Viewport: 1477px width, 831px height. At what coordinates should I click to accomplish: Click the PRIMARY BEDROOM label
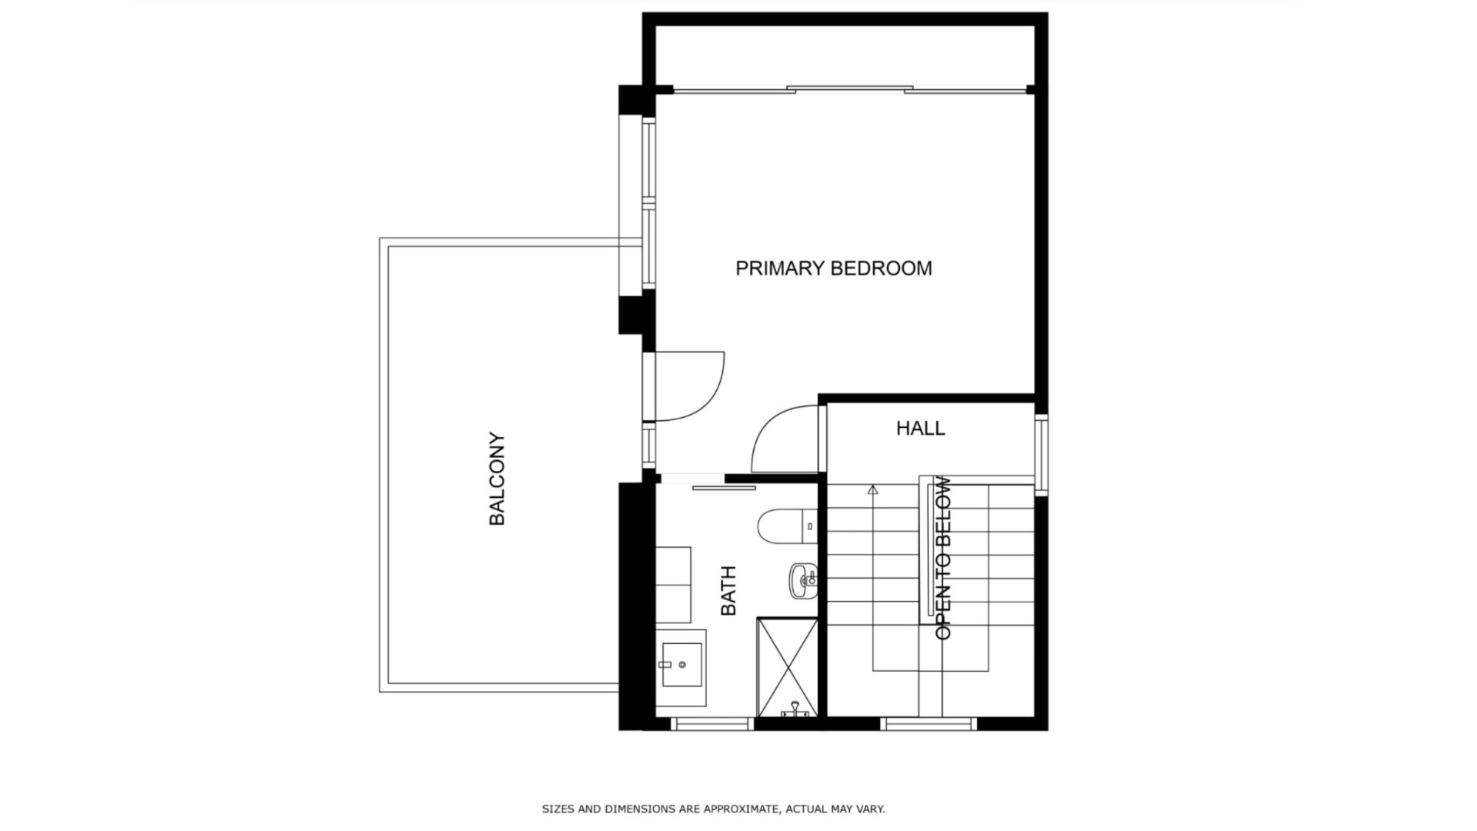point(833,269)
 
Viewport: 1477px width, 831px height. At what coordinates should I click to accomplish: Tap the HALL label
point(920,429)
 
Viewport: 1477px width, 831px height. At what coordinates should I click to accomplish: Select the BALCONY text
point(498,479)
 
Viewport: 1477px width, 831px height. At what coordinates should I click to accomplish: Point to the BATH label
point(728,591)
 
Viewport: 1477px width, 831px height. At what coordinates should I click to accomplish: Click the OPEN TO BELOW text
point(943,559)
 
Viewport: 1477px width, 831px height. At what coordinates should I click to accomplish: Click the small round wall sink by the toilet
point(803,579)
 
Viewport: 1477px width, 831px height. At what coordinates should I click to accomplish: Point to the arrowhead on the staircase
point(872,489)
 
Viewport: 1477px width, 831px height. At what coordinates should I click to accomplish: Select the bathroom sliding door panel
point(723,488)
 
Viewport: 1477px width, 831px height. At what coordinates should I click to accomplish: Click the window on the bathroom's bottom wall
point(712,723)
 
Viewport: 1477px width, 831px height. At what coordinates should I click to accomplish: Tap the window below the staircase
point(928,723)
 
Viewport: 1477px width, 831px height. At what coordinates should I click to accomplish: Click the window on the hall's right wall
point(1040,454)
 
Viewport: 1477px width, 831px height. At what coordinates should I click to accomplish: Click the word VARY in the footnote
point(869,809)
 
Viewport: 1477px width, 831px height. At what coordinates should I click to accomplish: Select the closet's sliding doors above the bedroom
point(850,90)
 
